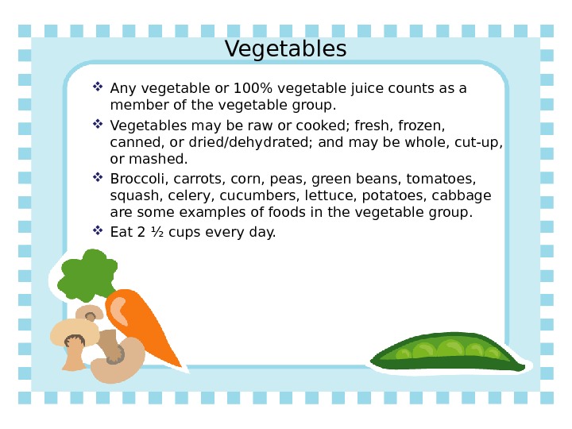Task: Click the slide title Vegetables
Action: pos(286,49)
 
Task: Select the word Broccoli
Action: pos(136,178)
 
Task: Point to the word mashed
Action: pos(163,160)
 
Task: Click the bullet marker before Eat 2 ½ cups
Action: pos(98,231)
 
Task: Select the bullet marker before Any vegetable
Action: pos(98,87)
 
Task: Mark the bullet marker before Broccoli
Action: pos(98,177)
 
